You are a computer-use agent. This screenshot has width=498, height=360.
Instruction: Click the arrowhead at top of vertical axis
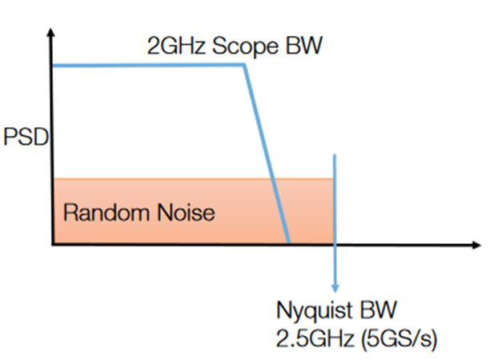click(x=51, y=34)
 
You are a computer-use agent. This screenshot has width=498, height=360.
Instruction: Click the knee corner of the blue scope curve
click(x=243, y=65)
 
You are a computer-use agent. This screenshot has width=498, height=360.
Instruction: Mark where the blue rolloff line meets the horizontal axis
click(x=288, y=242)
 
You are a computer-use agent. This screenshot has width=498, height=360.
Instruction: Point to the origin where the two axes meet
click(x=52, y=243)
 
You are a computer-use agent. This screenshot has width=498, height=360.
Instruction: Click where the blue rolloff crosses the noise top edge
click(x=273, y=179)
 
